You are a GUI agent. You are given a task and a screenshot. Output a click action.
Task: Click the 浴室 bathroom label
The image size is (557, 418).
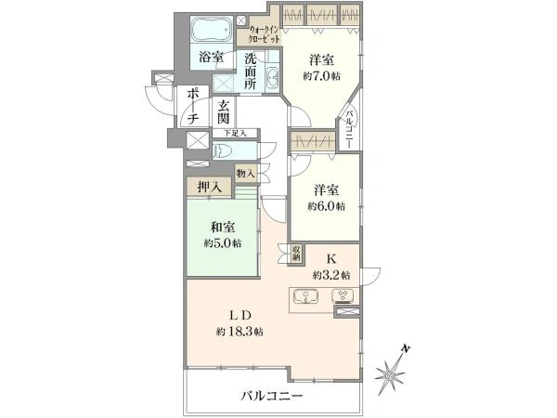click(x=211, y=58)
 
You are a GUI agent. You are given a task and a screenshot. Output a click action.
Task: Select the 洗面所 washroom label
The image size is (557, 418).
click(x=252, y=73)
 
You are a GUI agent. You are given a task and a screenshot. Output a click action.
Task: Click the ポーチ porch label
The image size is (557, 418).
click(x=192, y=106)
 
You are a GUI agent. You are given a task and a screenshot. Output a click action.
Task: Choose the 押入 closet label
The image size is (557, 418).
click(x=210, y=188)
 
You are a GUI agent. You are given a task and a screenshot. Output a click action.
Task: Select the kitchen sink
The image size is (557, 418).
click(x=307, y=297)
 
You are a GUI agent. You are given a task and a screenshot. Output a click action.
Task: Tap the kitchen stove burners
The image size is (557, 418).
click(x=343, y=297)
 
